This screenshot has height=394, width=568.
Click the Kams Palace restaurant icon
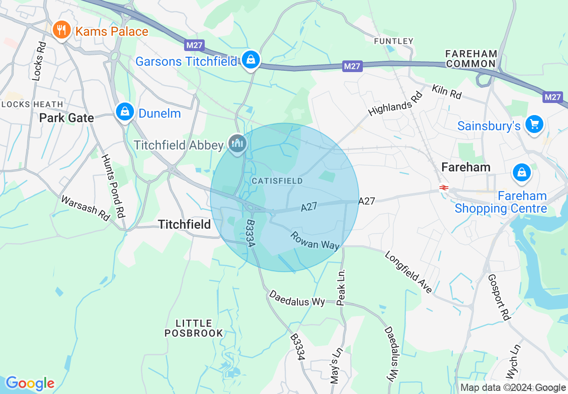point(62,30)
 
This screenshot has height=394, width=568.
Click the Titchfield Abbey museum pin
point(237,143)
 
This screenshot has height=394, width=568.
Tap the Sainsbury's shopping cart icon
point(534,124)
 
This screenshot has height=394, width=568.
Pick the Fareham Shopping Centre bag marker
point(521,172)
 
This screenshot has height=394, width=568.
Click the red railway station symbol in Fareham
point(444,188)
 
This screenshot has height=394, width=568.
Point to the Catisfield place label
point(277,181)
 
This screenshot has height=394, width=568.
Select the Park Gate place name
point(67,118)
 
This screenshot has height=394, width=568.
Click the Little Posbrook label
point(194,328)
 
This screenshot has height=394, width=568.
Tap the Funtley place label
point(394,41)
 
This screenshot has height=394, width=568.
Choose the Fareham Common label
point(471,59)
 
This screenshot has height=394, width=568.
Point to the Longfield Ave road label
point(409,272)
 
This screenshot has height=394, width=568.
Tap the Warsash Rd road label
point(86,207)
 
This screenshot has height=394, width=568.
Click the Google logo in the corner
point(30,383)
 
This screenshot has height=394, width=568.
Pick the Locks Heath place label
point(32,104)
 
